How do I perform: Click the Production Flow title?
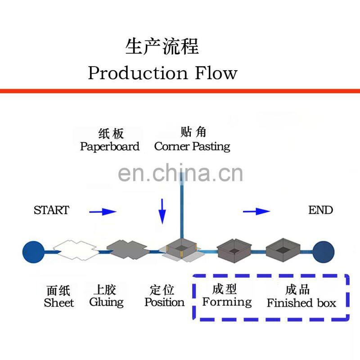click(x=162, y=73)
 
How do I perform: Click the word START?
click(x=51, y=210)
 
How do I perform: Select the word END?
click(x=320, y=210)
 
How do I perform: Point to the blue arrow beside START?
click(x=103, y=211)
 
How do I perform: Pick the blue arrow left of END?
click(x=256, y=211)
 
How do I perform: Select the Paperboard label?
click(x=110, y=147)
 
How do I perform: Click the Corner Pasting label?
click(x=192, y=146)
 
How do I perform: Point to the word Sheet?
click(x=59, y=303)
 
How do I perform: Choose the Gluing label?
click(x=106, y=302)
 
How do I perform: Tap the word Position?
click(x=164, y=302)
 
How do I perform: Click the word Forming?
click(x=227, y=302)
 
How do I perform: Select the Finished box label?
click(x=301, y=303)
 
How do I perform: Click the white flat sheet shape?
click(x=75, y=250)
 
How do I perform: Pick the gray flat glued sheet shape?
click(x=127, y=249)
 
